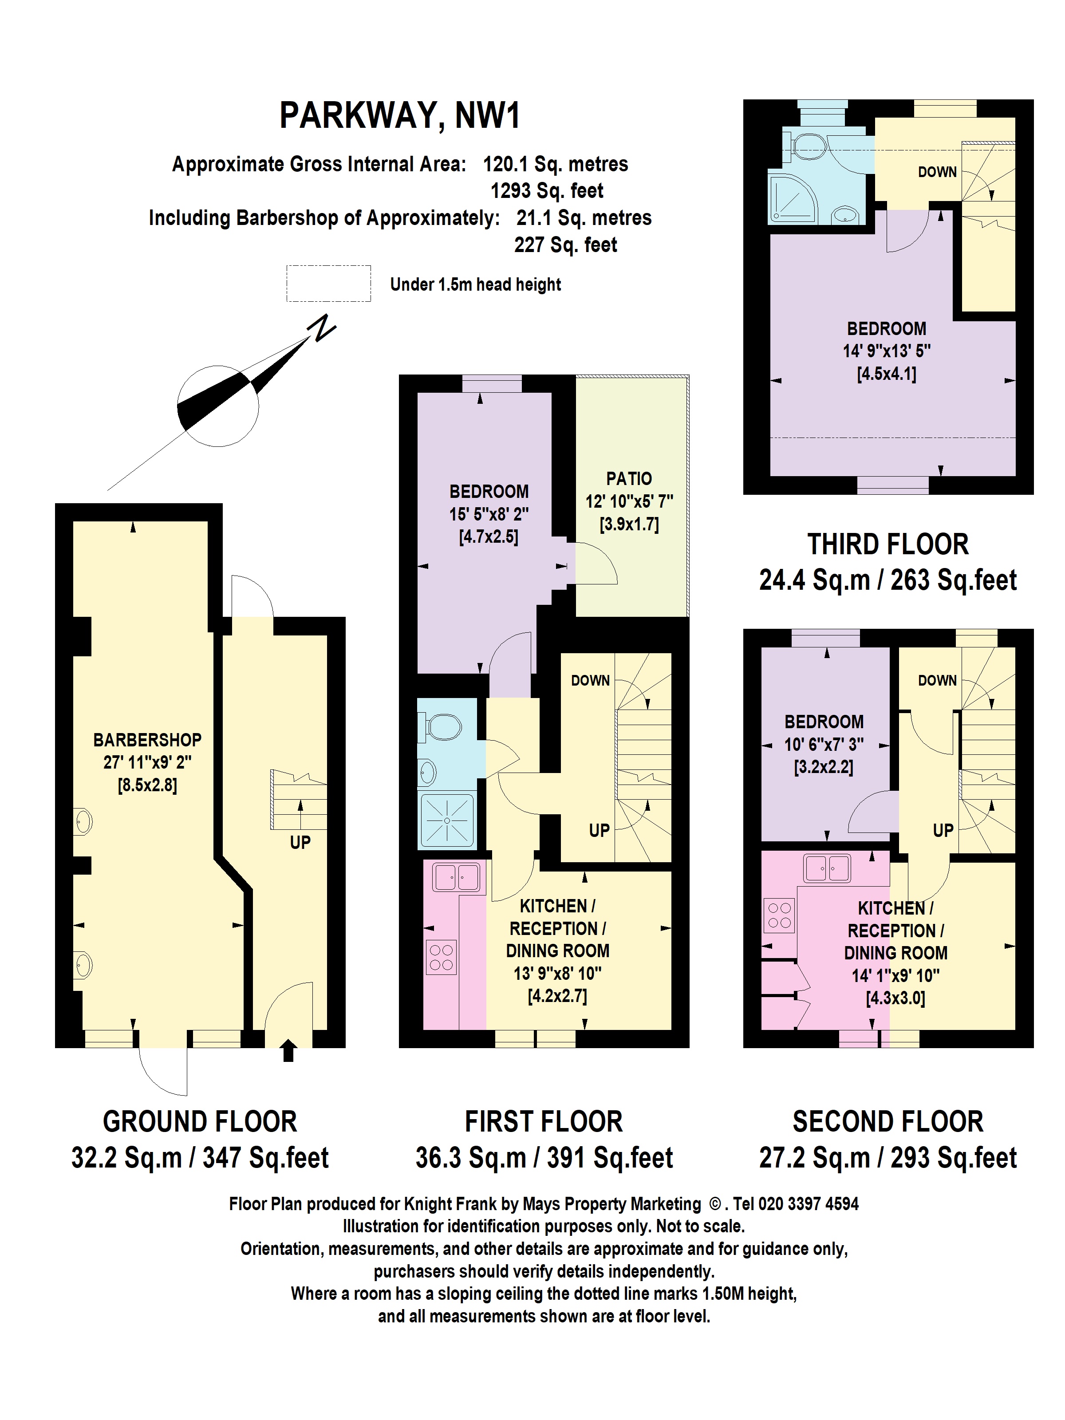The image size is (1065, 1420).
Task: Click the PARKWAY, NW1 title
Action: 399,115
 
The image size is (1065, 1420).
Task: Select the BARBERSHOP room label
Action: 147,740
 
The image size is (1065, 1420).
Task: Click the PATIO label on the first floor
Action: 629,479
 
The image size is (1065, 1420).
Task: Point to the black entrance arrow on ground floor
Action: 288,1050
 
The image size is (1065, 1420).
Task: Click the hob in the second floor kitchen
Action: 779,915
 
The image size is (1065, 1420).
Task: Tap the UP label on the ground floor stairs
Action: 300,842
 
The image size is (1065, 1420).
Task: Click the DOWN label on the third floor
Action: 937,172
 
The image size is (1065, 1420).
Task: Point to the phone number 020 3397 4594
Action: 808,1203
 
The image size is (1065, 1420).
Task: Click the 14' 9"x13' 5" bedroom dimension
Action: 887,351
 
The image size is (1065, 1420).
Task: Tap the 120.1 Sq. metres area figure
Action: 555,164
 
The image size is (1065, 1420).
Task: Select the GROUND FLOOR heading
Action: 200,1121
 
